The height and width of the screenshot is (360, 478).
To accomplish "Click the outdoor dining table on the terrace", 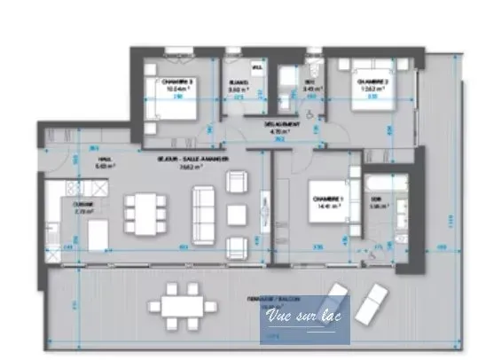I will pyautogui.click(x=184, y=306).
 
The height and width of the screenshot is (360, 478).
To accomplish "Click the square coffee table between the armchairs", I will pyautogui.click(x=236, y=214).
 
